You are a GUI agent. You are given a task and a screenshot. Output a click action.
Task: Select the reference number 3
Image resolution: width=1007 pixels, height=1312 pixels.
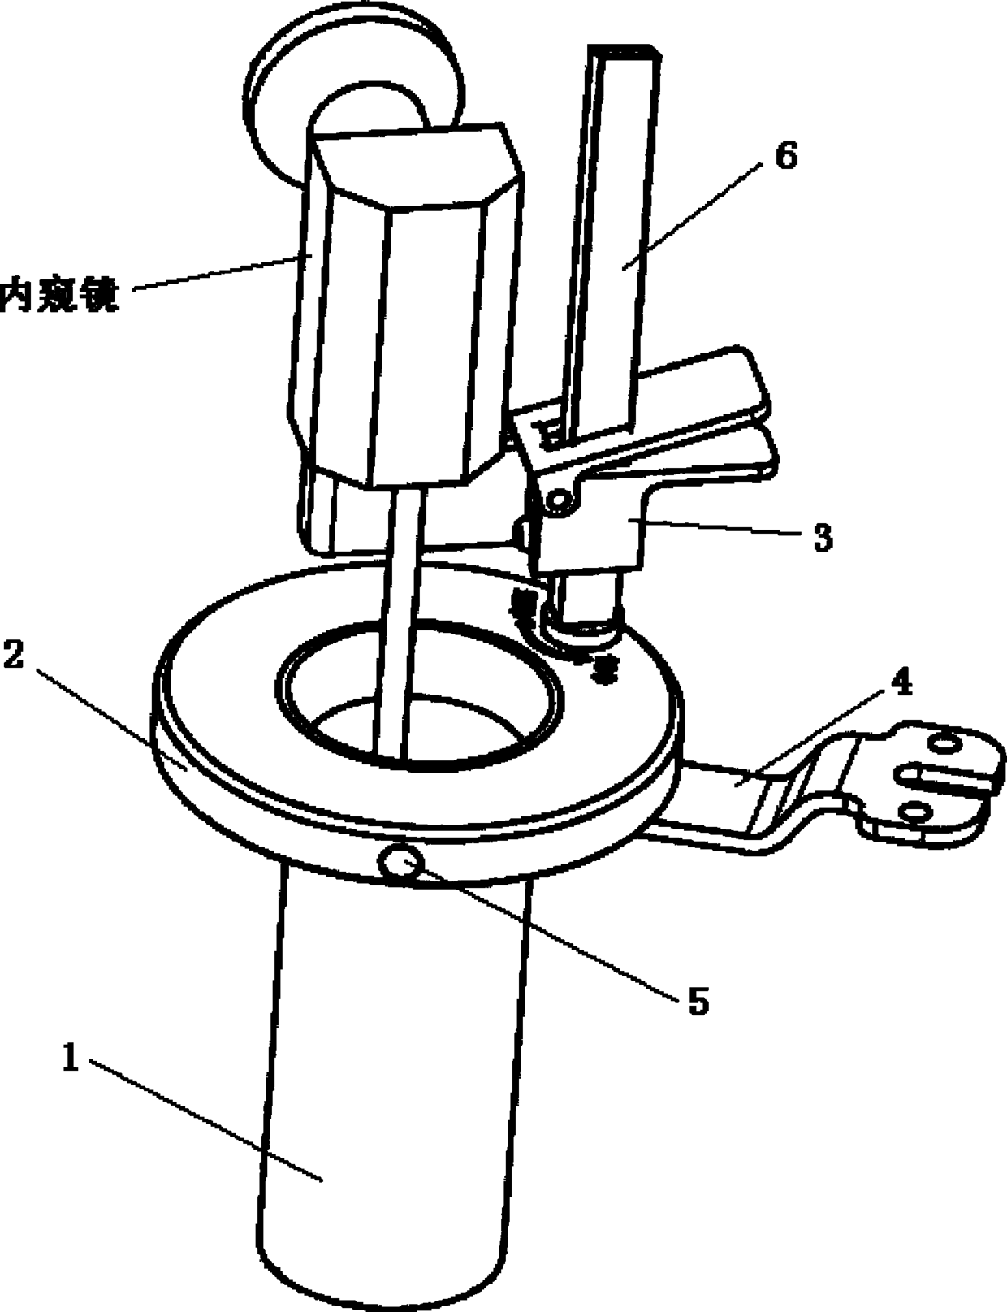click(x=822, y=538)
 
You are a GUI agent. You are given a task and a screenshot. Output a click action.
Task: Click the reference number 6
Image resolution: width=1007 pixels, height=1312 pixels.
click(x=785, y=156)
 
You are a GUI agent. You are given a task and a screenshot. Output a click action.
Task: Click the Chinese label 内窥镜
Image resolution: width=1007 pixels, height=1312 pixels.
click(x=60, y=294)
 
